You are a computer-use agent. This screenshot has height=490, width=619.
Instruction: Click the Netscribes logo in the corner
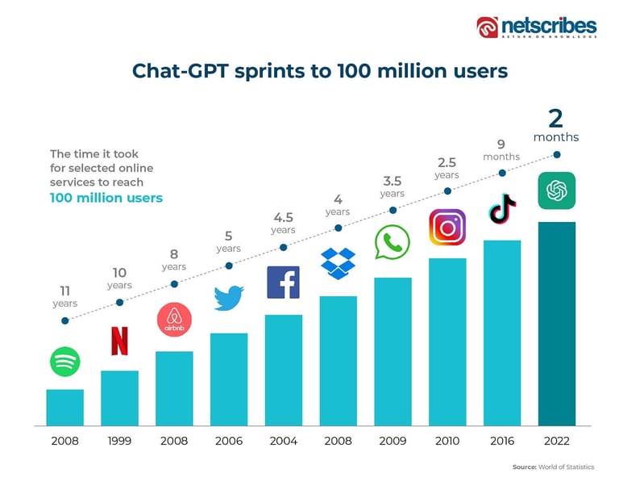point(536,27)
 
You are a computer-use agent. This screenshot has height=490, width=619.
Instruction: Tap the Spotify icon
point(64,361)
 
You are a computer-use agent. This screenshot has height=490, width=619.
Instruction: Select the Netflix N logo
point(119,341)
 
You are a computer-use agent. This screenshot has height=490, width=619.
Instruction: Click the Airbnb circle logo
point(174,320)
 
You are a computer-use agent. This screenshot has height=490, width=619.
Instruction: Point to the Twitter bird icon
point(229,297)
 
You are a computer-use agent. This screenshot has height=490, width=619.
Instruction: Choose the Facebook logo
point(283,283)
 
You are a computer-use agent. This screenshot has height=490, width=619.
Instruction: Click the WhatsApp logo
point(393,242)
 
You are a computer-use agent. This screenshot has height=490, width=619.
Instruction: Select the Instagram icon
point(447,227)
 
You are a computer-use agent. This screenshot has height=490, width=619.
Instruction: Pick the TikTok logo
point(501,208)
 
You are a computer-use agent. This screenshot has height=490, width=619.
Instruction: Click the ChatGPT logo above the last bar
point(556,191)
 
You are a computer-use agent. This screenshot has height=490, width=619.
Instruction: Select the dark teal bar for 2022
point(556,323)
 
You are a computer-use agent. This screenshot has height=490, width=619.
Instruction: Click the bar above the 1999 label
point(119,397)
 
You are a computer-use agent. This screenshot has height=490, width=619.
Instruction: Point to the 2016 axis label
point(501,441)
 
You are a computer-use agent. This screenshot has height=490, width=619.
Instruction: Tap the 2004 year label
point(283,441)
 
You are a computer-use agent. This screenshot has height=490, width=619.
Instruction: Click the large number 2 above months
point(555,118)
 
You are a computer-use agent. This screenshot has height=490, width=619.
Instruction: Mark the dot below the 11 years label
point(64,320)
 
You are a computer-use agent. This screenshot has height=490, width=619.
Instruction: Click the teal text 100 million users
point(106,198)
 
